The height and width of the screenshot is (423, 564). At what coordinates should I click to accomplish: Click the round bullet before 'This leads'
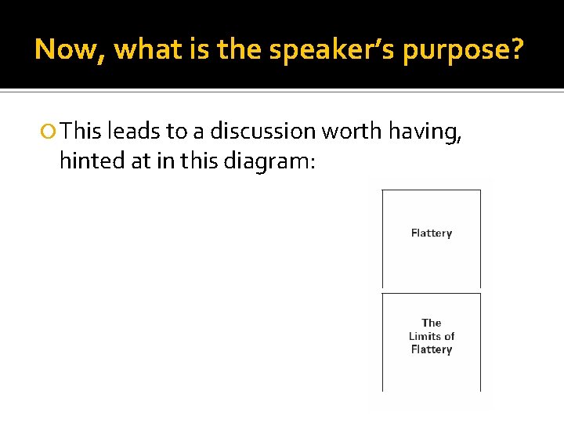(x=49, y=130)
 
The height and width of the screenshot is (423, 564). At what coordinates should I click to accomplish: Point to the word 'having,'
(x=427, y=131)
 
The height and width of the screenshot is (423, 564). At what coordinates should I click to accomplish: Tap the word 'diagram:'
(x=269, y=162)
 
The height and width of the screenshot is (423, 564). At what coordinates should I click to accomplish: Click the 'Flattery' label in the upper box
(x=432, y=233)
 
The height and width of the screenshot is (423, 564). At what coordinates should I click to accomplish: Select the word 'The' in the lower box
(x=432, y=323)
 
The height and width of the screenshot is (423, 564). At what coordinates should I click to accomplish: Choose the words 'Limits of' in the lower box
(x=432, y=336)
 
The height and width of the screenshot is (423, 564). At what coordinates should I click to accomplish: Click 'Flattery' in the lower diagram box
(x=432, y=349)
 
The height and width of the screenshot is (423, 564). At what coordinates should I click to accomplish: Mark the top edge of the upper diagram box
(x=432, y=190)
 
